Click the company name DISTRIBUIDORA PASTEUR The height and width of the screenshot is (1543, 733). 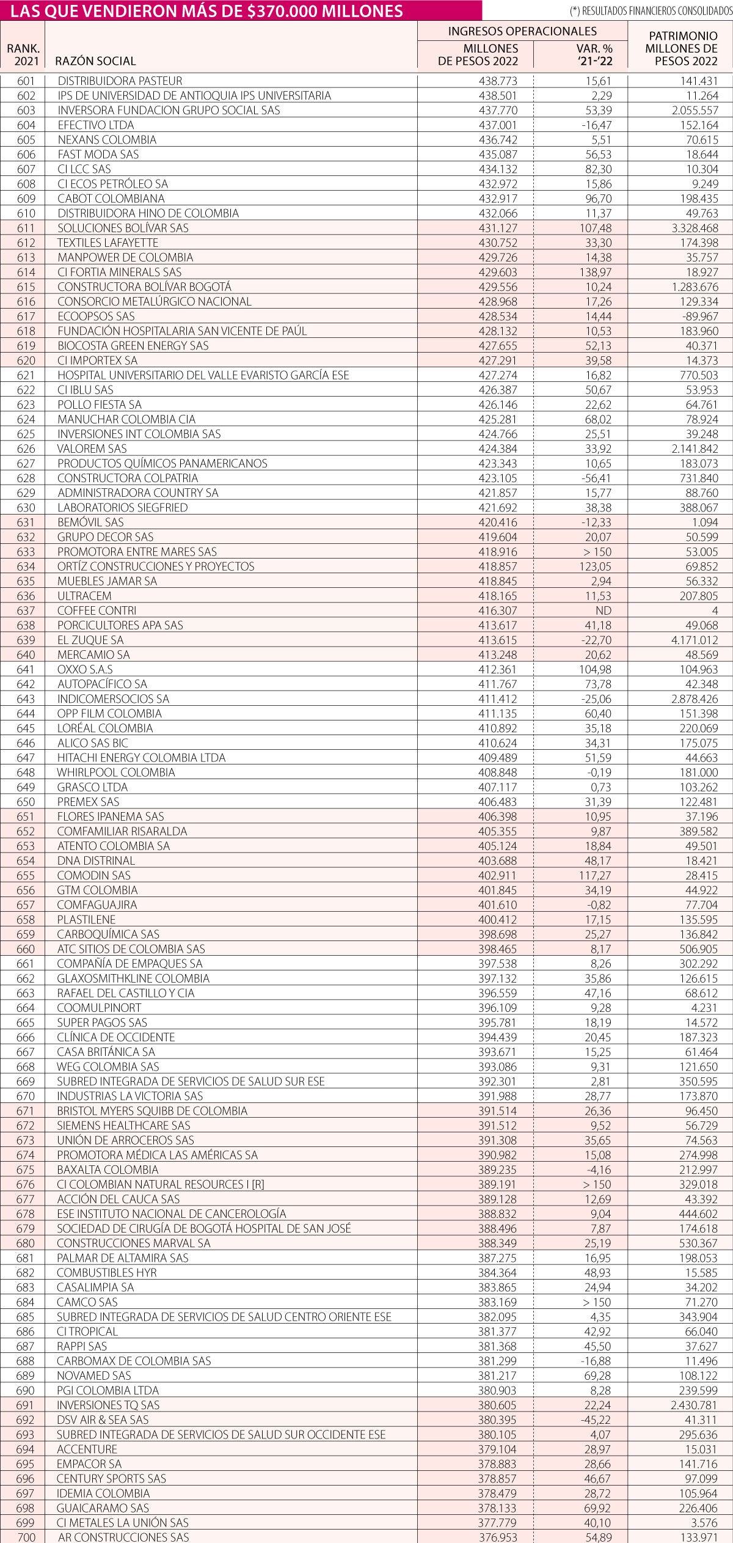pos(120,81)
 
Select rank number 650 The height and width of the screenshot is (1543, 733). pos(26,802)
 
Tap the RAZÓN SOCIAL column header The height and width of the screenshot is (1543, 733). pos(95,60)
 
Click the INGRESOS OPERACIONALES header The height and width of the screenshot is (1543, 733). pos(522,31)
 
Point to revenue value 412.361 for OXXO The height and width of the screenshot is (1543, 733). pos(497,669)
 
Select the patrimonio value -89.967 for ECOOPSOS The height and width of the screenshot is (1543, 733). pos(698,316)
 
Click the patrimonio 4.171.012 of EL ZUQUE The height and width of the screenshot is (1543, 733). pos(693,640)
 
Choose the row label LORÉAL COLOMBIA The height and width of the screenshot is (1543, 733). pos(105,728)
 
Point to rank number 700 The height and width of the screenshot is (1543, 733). pos(27,1537)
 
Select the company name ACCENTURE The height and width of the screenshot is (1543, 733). pos(87,1449)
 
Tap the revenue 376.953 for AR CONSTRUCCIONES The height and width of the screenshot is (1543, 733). pos(497,1537)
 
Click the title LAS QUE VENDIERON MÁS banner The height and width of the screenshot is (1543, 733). pos(208,10)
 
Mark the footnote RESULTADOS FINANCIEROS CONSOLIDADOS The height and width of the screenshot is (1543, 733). pos(649,11)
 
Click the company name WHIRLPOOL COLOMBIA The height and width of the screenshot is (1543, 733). pos(116,772)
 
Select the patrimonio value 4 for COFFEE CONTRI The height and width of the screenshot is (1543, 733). pos(714,610)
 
